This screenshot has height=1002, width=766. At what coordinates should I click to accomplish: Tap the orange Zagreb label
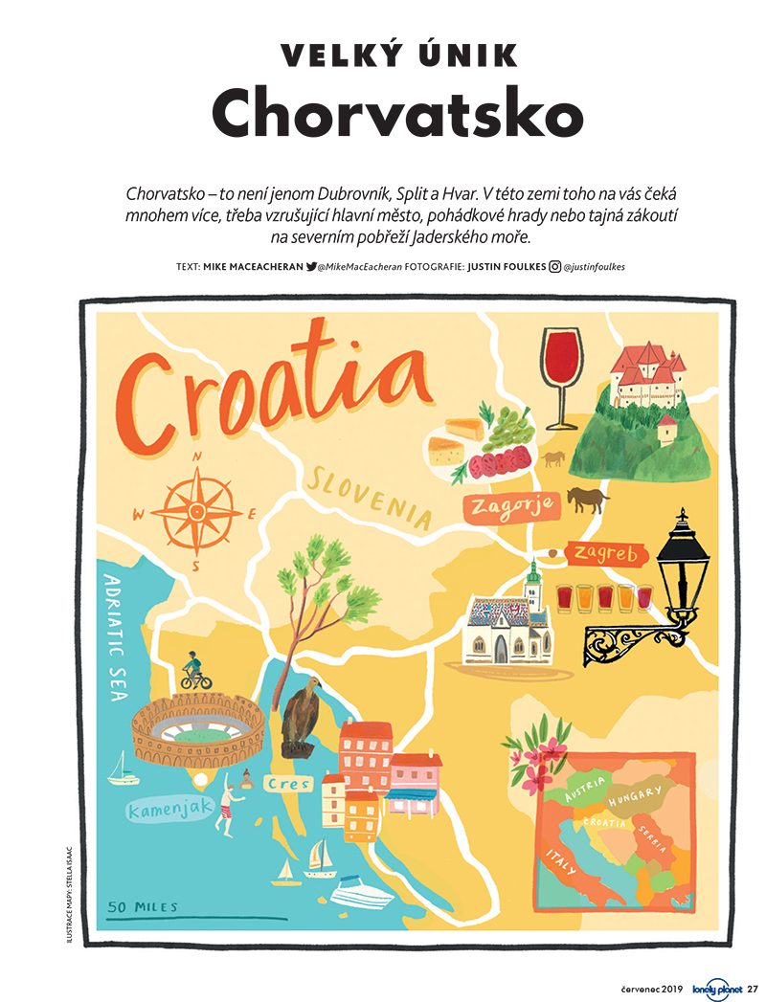click(x=607, y=554)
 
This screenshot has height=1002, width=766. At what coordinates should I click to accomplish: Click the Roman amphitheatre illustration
click(x=198, y=729)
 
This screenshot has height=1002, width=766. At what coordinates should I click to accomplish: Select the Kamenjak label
click(x=169, y=810)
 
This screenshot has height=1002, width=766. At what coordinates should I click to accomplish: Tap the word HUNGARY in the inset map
click(x=634, y=795)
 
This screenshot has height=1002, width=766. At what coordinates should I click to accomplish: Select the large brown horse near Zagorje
click(x=585, y=500)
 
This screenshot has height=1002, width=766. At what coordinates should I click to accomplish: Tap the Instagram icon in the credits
click(x=554, y=268)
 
